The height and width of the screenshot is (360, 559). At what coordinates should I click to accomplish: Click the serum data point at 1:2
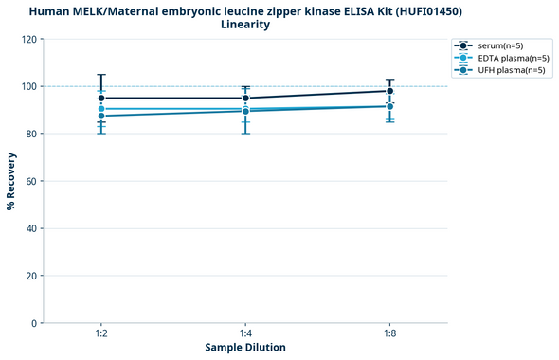coord(101,98)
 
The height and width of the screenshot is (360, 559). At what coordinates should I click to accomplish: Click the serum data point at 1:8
coord(389,91)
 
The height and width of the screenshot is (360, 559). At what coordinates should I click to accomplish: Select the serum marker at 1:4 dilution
coord(245,98)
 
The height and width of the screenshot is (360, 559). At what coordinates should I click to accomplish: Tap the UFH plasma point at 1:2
coord(101,116)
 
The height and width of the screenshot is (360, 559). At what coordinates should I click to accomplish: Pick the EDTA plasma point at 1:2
coord(101,109)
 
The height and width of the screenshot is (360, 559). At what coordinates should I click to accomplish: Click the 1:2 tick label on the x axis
coord(101,333)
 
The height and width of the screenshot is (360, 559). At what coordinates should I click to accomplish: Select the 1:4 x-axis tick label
coord(245,333)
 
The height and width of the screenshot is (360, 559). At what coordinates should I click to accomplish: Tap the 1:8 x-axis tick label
coord(389,333)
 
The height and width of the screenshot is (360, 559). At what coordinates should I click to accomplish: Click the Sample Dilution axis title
coord(245,348)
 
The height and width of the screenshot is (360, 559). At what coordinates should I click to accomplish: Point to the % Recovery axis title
coord(10,181)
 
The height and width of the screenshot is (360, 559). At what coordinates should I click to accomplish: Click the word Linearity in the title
coord(245,25)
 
